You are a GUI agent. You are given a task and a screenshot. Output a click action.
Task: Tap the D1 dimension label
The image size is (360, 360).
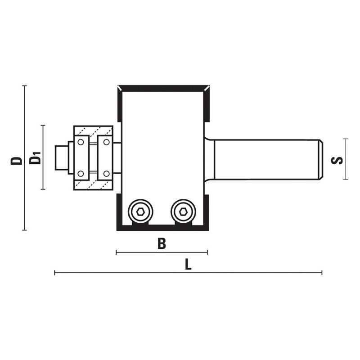pos(35,157)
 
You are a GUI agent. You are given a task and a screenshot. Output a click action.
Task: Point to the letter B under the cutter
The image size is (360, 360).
pos(162,244)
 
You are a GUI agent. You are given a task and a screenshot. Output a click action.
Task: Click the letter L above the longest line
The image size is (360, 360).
pos(188,264)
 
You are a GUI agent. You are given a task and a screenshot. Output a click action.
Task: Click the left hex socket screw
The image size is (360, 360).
pos(140,211)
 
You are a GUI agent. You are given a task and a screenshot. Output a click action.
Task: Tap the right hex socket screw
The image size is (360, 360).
pos(183,211)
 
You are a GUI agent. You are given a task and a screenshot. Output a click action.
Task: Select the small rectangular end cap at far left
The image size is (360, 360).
pos(62,157)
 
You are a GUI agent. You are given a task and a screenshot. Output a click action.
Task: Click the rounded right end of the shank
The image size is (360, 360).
pos(321,159)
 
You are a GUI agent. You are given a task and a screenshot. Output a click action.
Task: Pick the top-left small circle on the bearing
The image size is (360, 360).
pos(81,142)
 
